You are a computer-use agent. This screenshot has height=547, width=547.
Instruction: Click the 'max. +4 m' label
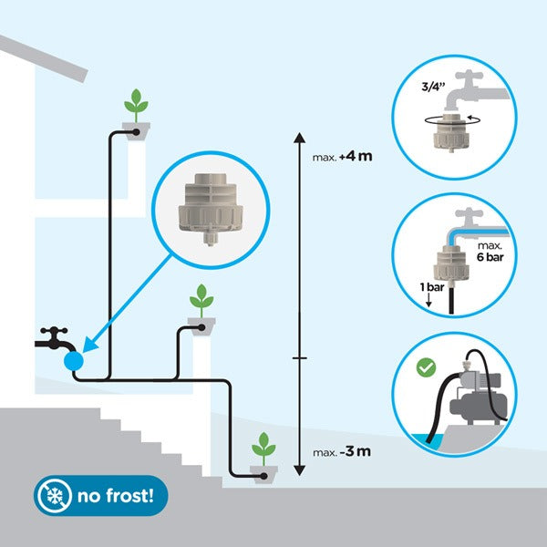[343, 157]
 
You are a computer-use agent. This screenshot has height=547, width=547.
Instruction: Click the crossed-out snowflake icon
[56, 497]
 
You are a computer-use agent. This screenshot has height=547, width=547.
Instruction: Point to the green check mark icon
[424, 368]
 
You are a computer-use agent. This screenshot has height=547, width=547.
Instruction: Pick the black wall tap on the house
[55, 341]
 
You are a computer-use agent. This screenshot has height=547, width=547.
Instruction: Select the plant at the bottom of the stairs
[264, 448]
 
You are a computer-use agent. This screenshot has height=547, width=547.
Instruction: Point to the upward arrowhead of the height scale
[298, 138]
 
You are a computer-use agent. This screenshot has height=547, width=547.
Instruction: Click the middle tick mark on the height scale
[298, 358]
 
